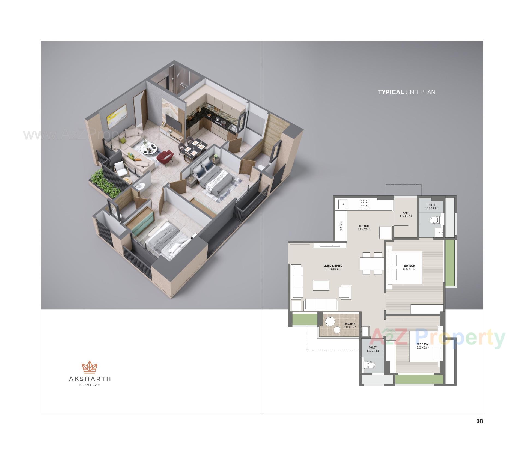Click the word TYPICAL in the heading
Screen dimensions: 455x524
(x=391, y=92)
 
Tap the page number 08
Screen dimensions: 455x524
(x=480, y=421)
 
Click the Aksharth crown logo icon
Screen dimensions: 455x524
(x=89, y=367)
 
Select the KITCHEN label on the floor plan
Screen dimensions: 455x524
(x=364, y=226)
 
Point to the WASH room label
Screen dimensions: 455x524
(x=406, y=213)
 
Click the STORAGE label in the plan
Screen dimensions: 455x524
(x=341, y=226)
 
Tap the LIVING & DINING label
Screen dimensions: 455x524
(x=333, y=266)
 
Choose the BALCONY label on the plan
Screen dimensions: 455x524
(x=349, y=324)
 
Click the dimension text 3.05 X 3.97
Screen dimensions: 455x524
(x=409, y=269)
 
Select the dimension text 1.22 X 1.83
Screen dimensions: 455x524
(x=373, y=351)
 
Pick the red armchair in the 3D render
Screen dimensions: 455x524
(x=165, y=158)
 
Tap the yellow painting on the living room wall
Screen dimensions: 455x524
(x=117, y=117)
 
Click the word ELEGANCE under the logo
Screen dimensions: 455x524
(x=89, y=385)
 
